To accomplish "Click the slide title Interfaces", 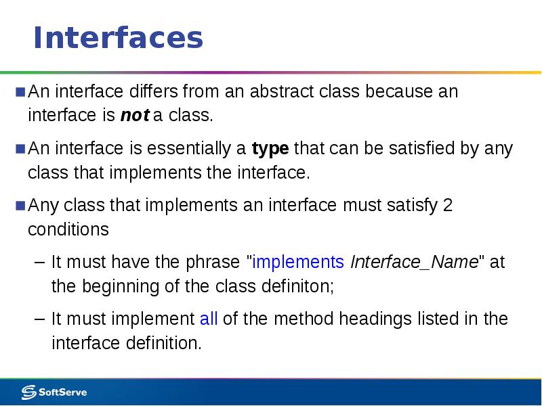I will click(x=118, y=38).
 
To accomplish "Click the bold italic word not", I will click(x=134, y=115).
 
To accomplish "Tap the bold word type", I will click(x=270, y=148).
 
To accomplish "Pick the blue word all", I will click(x=209, y=319).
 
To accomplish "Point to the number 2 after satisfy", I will click(x=446, y=205).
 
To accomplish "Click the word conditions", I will click(x=68, y=229).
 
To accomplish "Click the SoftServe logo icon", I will click(x=29, y=392).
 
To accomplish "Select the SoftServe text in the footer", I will click(x=63, y=392).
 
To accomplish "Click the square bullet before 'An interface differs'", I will click(x=20, y=91).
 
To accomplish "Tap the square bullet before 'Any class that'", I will click(x=20, y=205).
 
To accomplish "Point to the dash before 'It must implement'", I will click(x=39, y=319).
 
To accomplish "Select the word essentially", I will click(x=188, y=148).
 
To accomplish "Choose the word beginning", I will click(x=116, y=286).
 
